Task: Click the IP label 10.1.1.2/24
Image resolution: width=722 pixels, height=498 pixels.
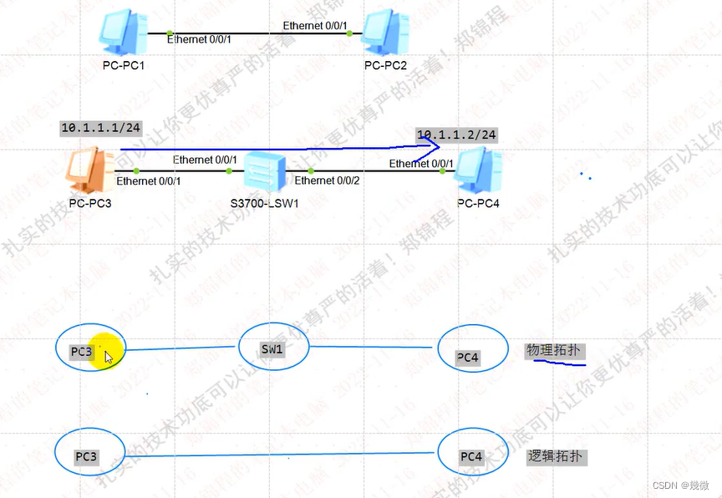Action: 456,135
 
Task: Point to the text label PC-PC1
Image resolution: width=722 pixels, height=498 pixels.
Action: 119,65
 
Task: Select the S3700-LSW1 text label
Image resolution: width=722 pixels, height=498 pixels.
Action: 265,203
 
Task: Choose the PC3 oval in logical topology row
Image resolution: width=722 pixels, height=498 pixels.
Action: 89,455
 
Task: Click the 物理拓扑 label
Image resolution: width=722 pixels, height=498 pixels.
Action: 553,350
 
